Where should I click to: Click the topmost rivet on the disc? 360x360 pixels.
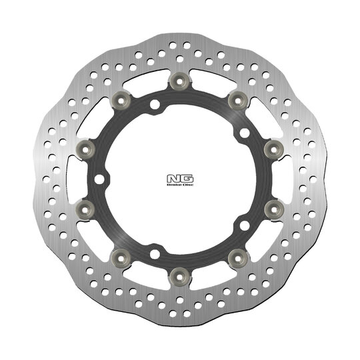point(177,82)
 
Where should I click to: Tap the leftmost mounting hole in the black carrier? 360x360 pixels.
point(100,179)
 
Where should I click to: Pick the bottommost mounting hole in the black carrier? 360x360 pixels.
point(154,253)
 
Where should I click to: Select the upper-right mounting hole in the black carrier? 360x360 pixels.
point(244,133)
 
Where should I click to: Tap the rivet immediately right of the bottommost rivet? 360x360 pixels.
point(235,256)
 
